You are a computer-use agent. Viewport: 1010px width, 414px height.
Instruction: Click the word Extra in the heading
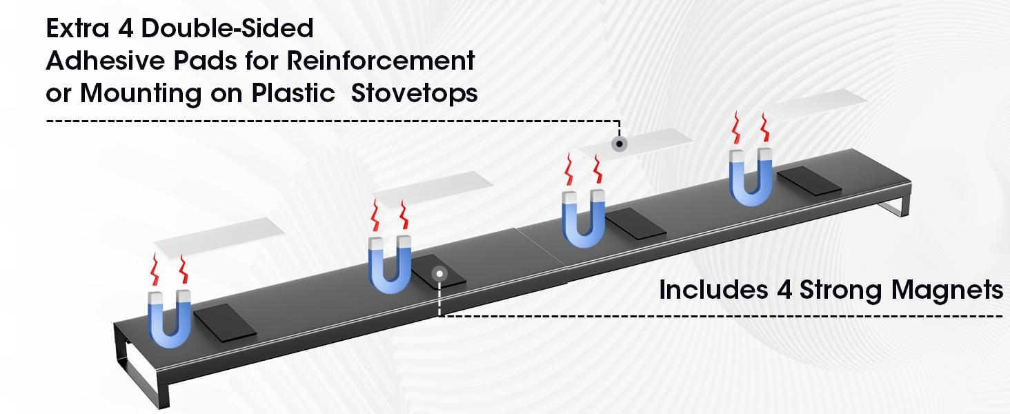click(78, 28)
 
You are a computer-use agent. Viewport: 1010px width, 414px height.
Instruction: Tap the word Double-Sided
click(228, 28)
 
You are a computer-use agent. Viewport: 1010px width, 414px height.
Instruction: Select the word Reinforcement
click(381, 61)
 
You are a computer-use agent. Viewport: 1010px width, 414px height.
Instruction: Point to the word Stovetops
click(415, 93)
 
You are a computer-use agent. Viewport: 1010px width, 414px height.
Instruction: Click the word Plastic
click(293, 93)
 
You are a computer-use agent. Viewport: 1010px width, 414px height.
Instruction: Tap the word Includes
click(714, 290)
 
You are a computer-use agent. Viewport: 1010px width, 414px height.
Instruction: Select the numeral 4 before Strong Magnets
click(784, 290)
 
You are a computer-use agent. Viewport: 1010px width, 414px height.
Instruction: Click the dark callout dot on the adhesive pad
click(620, 144)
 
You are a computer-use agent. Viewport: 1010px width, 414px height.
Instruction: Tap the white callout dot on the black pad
click(439, 274)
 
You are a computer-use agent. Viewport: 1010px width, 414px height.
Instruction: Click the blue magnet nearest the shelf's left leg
click(170, 319)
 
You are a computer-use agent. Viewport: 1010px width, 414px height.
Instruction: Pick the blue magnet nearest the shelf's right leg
click(751, 177)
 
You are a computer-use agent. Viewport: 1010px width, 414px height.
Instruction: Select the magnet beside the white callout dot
click(390, 265)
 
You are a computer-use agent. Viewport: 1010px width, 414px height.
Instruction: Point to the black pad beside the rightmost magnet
click(809, 181)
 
